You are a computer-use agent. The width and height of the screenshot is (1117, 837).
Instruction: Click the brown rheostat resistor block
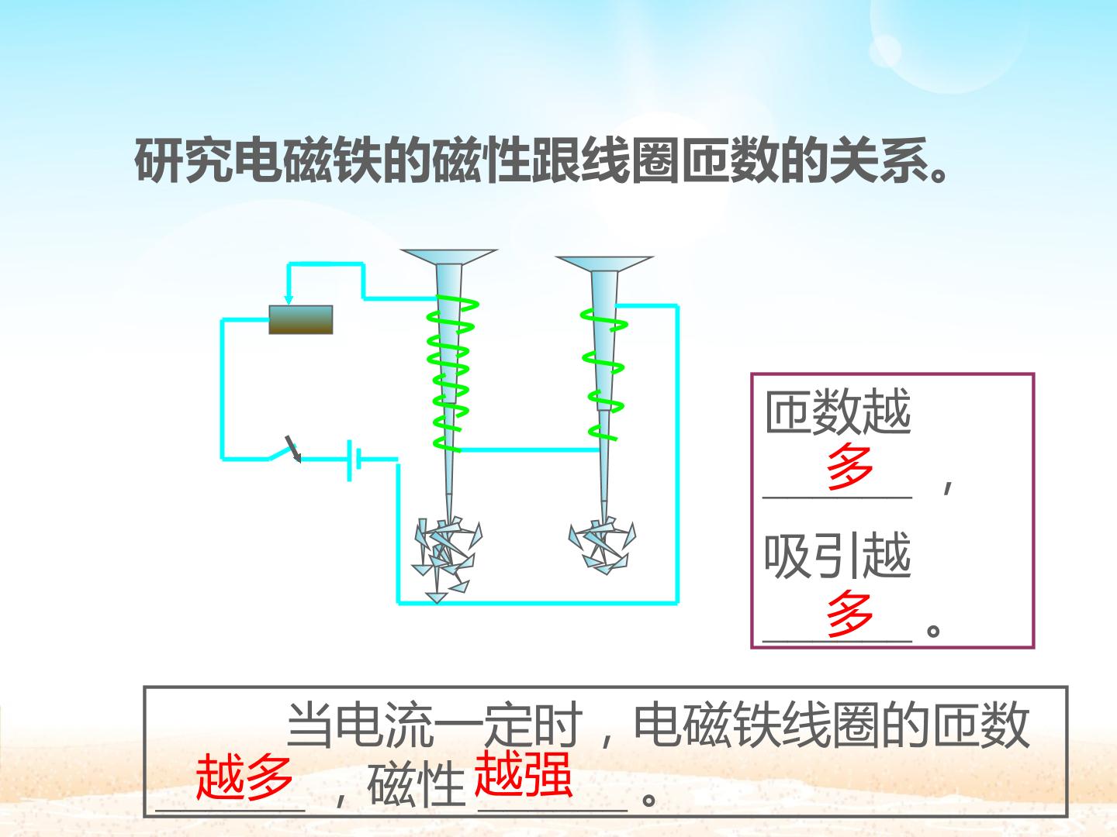[x=301, y=319]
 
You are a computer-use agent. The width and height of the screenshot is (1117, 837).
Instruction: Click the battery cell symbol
[x=354, y=460]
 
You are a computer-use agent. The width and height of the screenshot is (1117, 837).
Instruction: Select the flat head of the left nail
[x=448, y=257]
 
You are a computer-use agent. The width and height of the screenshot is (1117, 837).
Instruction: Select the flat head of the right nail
[x=604, y=263]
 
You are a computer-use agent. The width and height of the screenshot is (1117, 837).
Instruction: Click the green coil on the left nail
[x=451, y=374]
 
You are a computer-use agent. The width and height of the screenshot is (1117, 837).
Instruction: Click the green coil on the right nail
[x=603, y=374]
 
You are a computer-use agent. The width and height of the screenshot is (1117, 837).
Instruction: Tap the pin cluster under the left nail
[x=447, y=559]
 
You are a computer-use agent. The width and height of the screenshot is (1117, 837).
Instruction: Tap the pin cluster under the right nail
[x=603, y=546]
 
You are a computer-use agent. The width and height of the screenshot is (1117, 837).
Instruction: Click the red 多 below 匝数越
[x=850, y=466]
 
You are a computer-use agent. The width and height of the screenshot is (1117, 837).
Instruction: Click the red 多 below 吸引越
[x=850, y=613]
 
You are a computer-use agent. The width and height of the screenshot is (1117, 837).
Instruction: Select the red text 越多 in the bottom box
[x=244, y=777]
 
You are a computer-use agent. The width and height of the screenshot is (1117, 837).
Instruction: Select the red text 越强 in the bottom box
[x=523, y=773]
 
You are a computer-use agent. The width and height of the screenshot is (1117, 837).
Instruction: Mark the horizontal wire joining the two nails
[x=530, y=449]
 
